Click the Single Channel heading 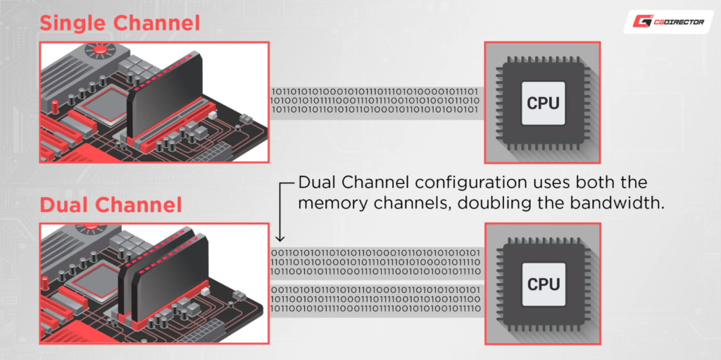(x=120, y=23)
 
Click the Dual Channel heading (x=111, y=205)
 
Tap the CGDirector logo (x=668, y=22)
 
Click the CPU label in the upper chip (x=543, y=103)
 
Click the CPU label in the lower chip (x=543, y=284)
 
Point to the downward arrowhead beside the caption (x=280, y=238)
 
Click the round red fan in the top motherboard (x=99, y=50)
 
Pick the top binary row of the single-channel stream (x=375, y=91)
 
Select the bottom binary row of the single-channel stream (x=375, y=110)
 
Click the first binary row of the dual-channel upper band (x=375, y=253)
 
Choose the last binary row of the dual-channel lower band (x=375, y=309)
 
